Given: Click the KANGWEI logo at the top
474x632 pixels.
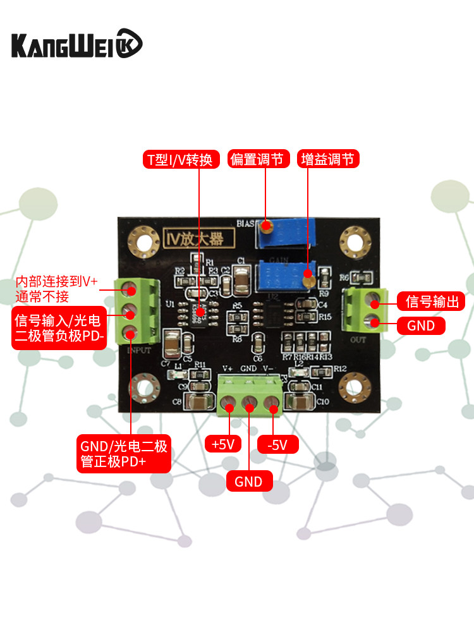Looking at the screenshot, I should [x=77, y=45].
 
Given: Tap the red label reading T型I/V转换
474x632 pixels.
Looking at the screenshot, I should [x=180, y=159].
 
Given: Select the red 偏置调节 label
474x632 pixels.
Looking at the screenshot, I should [x=259, y=159].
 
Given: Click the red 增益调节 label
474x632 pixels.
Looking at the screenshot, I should [x=328, y=159].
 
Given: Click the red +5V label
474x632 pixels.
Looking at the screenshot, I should [x=223, y=444].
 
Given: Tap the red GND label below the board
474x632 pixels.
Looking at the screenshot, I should [x=248, y=482].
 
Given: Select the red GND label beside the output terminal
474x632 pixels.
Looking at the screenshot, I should [x=421, y=325].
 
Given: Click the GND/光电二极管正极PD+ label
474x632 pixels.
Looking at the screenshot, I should [x=124, y=454].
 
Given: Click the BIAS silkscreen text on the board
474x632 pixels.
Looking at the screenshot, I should [x=245, y=223].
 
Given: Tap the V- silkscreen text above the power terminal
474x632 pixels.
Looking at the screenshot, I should [x=268, y=368].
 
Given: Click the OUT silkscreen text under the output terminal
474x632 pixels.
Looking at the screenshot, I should [x=358, y=339].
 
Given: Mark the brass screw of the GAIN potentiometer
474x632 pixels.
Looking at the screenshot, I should [x=308, y=276].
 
